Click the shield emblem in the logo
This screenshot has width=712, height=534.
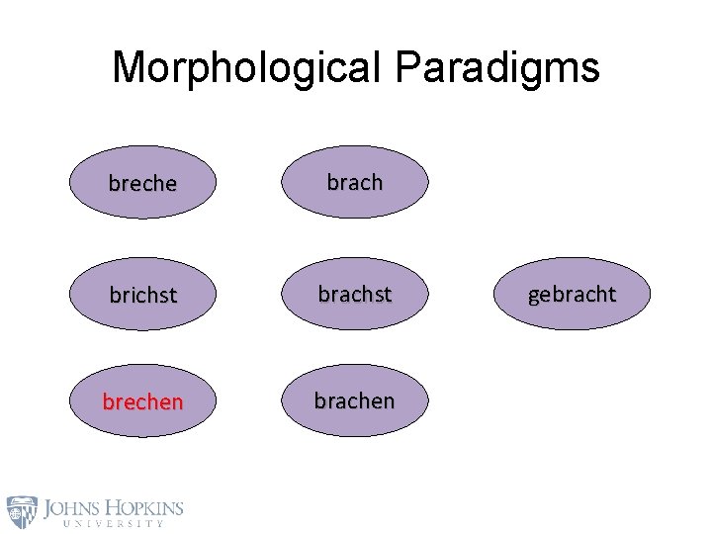coord(22,511)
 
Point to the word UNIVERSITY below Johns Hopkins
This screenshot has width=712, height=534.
coord(112,524)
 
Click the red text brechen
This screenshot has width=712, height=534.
coord(142,403)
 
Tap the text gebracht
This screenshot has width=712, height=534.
coord(572,294)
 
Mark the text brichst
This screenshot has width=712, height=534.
coord(142,295)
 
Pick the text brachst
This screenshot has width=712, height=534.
coord(355,293)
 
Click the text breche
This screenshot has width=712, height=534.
coord(142,184)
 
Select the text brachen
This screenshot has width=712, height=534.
coord(355,400)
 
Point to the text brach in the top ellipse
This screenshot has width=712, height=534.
coord(355,182)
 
